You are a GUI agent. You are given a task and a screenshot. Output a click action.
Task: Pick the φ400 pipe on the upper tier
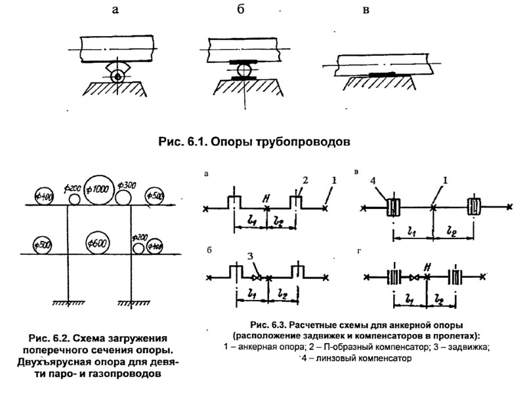pyautogui.click(x=45, y=195)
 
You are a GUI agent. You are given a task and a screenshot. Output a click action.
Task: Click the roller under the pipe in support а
pyautogui.click(x=118, y=77)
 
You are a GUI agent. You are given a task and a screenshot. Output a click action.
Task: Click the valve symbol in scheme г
pyautogui.click(x=413, y=277)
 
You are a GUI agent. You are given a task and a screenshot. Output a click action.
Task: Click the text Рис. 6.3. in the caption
pyautogui.click(x=267, y=325)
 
